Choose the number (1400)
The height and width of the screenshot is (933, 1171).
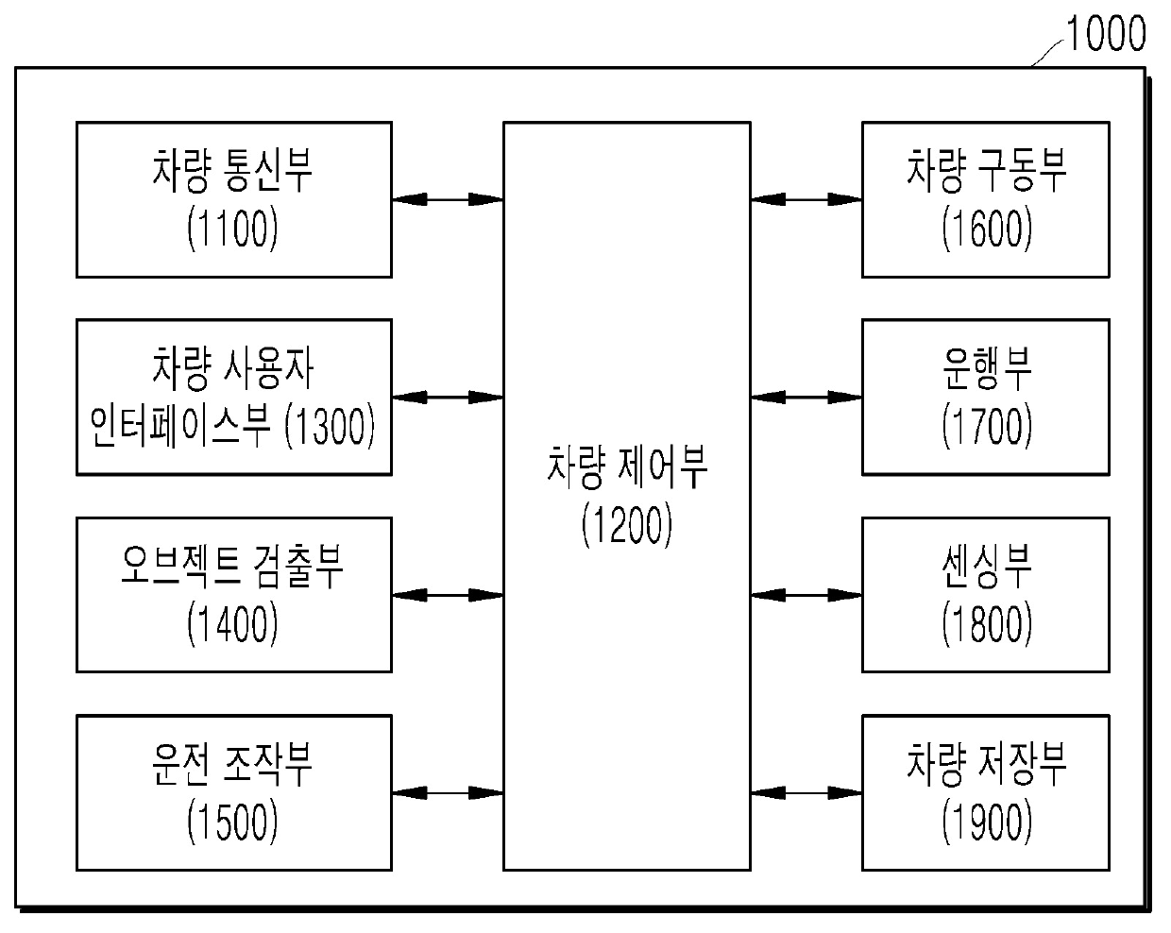point(232,623)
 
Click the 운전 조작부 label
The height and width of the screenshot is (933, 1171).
point(232,764)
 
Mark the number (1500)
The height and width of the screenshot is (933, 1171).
point(232,822)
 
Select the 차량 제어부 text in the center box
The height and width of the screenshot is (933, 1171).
point(626,468)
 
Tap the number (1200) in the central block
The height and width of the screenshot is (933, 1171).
point(626,525)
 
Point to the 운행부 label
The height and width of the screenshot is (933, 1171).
point(986,367)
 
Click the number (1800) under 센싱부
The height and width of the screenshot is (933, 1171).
point(986,623)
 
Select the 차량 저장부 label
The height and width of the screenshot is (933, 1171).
point(986,764)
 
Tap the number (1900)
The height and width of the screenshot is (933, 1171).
point(986,822)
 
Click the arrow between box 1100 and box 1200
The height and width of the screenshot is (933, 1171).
point(448,199)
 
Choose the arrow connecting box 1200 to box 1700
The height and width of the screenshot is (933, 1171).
point(806,398)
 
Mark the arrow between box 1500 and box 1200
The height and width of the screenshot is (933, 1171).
point(448,793)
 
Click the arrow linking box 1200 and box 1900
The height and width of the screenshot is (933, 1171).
point(806,793)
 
